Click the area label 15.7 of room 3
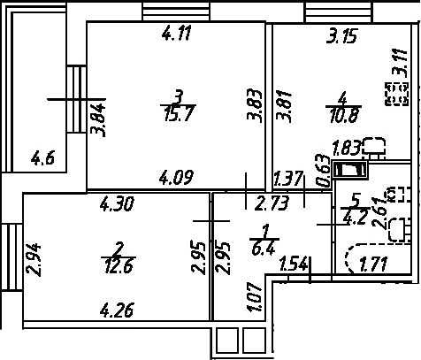click(178, 114)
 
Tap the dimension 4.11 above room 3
click(177, 33)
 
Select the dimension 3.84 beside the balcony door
click(98, 120)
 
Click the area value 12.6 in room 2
click(119, 265)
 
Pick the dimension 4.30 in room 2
click(117, 204)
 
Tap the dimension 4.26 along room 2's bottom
click(117, 310)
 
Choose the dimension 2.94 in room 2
click(34, 259)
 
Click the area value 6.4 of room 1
click(264, 249)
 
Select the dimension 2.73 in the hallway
click(272, 203)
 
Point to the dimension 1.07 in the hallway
click(254, 297)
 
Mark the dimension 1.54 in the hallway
click(295, 264)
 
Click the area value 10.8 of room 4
click(344, 115)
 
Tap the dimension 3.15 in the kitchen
click(342, 36)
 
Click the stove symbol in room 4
click(397, 94)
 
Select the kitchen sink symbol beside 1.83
click(375, 147)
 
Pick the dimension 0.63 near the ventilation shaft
click(323, 171)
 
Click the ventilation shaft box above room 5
click(349, 170)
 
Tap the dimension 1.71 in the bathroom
click(373, 264)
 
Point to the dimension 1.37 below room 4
click(288, 180)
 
